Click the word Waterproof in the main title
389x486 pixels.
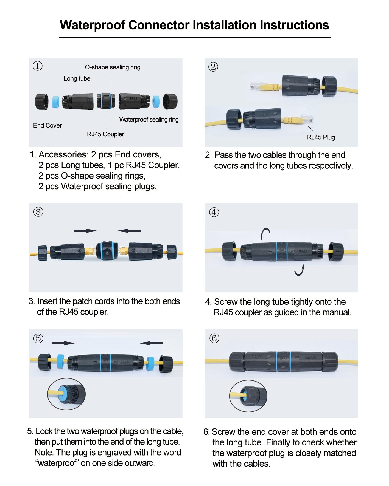[x=92, y=25]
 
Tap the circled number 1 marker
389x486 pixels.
[x=38, y=66]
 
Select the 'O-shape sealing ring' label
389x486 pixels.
[x=113, y=67]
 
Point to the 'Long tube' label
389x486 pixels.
[x=77, y=79]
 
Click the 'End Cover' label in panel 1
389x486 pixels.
[x=47, y=125]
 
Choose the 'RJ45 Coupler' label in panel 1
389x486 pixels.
[x=105, y=134]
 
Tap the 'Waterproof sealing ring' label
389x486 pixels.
[x=149, y=120]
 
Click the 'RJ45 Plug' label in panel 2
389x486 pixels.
[x=321, y=137]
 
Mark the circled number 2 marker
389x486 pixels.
[x=213, y=67]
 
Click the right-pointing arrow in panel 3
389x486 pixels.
[x=85, y=231]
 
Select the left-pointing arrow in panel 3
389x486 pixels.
[x=129, y=231]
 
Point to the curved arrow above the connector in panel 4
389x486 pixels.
[x=265, y=233]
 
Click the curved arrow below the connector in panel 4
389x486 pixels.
[x=300, y=270]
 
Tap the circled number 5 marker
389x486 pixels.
[x=38, y=338]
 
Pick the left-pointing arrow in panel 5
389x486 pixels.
[x=151, y=343]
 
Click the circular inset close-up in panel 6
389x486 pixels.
[x=248, y=396]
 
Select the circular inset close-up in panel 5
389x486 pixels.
[x=66, y=394]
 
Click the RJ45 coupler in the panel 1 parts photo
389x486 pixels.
[x=106, y=101]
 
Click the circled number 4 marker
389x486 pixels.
[x=214, y=212]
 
